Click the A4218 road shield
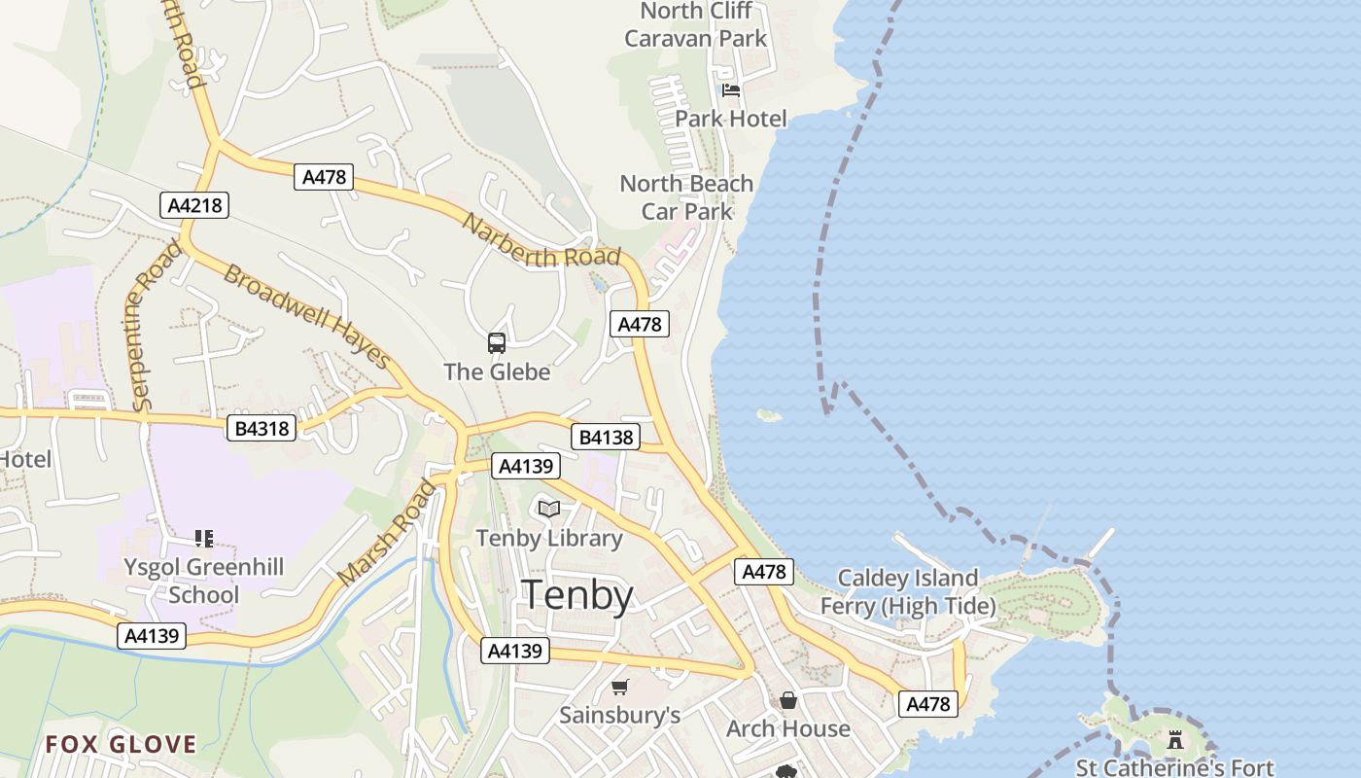point(194,205)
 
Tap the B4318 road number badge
point(262,428)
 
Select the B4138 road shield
point(606,438)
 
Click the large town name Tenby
point(578,595)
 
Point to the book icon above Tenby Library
point(549,509)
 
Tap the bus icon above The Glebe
point(497,342)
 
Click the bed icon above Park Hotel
point(731,90)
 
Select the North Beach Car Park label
point(686,196)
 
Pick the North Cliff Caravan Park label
point(696,25)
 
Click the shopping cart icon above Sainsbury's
point(620,688)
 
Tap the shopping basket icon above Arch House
point(788,700)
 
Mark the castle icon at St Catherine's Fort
point(1175,740)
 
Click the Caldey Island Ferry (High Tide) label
point(908,592)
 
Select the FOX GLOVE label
point(122,745)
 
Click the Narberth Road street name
point(541,241)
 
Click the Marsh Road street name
point(387,533)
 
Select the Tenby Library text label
point(549,538)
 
